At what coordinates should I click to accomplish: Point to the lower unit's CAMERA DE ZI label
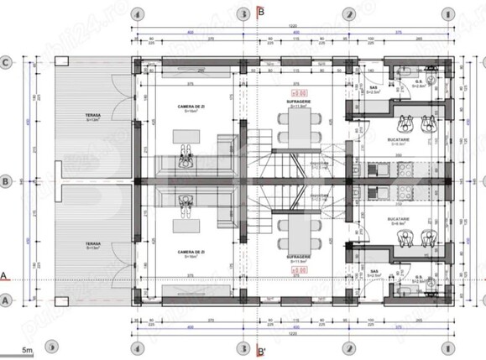point(187,250)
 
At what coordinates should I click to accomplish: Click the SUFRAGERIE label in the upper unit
point(300,101)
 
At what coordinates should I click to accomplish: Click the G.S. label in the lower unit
point(417,271)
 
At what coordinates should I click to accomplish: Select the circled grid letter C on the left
point(6,61)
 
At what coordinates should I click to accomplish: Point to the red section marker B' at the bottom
point(262,351)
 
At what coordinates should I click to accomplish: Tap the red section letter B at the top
point(262,12)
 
